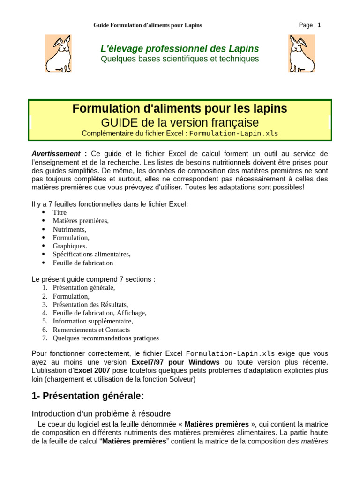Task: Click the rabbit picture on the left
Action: point(58,53)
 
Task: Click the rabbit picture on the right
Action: point(301,53)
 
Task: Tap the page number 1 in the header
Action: point(319,25)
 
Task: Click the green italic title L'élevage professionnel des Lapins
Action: point(180,49)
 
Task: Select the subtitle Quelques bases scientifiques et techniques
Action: point(180,59)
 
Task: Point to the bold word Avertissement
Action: point(56,154)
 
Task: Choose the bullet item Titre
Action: point(60,212)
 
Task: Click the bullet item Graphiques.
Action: point(70,246)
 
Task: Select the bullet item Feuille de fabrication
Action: point(83,263)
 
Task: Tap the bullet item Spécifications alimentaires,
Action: point(91,255)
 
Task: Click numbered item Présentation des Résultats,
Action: point(90,305)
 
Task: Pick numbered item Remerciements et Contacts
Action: point(91,330)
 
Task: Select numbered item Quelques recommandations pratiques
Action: point(105,338)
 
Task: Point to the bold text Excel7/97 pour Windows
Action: point(175,362)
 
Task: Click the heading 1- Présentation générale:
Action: point(88,396)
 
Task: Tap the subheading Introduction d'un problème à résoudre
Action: point(101,414)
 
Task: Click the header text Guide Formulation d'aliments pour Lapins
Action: point(148,25)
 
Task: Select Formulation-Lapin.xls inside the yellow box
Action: point(233,134)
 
